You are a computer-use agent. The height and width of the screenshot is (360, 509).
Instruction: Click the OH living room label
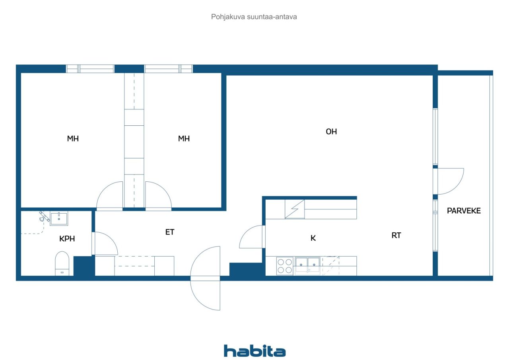(331, 132)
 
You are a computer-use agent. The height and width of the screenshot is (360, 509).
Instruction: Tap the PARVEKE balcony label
(464, 211)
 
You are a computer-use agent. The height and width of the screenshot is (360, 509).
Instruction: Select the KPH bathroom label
(67, 239)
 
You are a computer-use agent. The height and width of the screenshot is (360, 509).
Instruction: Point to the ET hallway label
(170, 232)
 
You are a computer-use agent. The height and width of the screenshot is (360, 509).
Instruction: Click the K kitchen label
(313, 238)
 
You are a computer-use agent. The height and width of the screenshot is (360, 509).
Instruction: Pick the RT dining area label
(396, 235)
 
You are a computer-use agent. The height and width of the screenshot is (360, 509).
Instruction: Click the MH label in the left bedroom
(73, 139)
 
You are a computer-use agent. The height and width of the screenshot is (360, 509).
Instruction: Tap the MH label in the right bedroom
(184, 139)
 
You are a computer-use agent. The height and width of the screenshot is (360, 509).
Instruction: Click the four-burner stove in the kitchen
(285, 266)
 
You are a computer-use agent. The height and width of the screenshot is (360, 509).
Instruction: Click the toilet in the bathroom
(62, 263)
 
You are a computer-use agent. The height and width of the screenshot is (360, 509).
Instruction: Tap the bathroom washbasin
(59, 218)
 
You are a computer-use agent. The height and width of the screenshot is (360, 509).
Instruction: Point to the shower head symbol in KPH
(44, 216)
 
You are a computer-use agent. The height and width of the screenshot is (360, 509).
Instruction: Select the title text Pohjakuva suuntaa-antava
(254, 17)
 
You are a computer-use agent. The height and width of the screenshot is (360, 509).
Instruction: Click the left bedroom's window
(90, 69)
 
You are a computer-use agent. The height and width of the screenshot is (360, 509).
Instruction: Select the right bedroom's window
(168, 69)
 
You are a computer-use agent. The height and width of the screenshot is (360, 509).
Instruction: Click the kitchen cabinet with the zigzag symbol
(295, 209)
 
